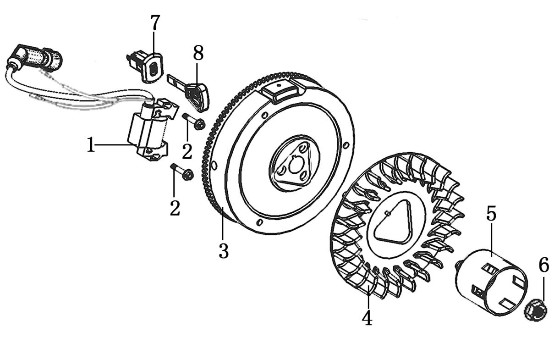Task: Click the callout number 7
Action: [x=154, y=23]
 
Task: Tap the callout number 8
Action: [x=198, y=53]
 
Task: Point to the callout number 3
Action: [x=224, y=251]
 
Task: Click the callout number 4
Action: [x=367, y=317]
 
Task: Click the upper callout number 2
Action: [x=187, y=151]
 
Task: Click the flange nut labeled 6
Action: [x=536, y=314]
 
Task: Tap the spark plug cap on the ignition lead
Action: [x=35, y=58]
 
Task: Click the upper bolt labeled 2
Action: [x=194, y=122]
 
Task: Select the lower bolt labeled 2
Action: [x=182, y=172]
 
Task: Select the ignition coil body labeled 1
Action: [x=148, y=131]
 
